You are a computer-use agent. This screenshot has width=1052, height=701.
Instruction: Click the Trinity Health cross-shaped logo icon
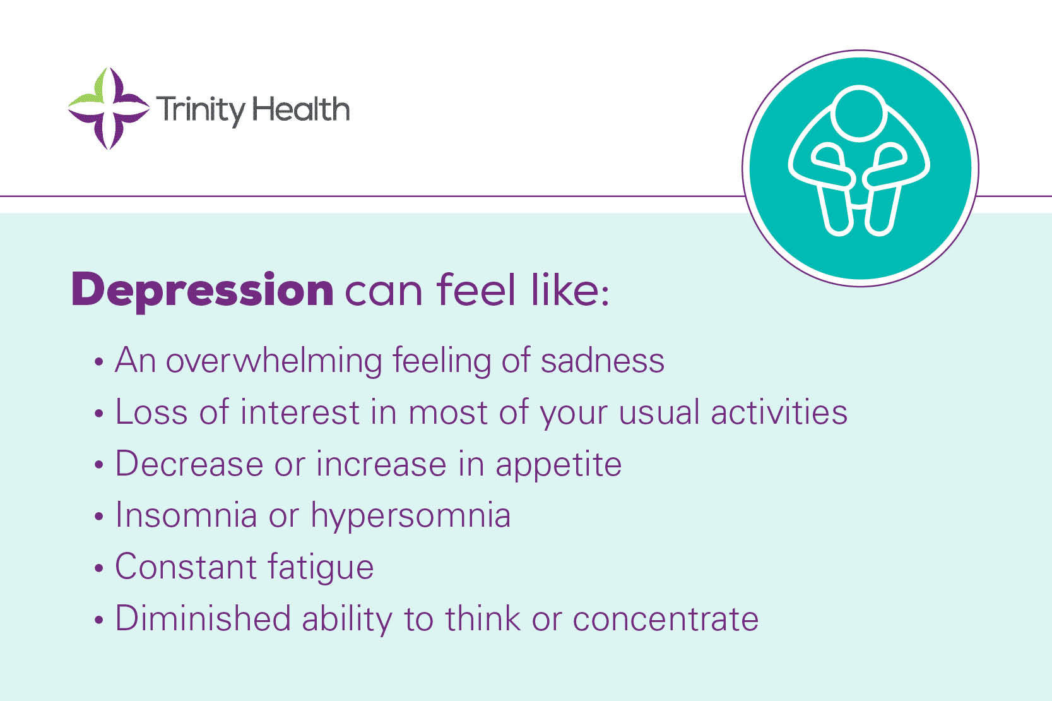click(108, 109)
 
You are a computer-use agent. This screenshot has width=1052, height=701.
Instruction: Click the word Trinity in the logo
click(200, 110)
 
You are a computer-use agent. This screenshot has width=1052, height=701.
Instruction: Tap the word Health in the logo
click(301, 110)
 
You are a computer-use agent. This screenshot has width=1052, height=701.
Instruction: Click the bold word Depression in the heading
click(203, 290)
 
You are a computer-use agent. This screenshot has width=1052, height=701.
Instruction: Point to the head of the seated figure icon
click(860, 113)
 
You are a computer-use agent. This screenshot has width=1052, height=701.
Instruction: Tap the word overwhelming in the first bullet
click(274, 361)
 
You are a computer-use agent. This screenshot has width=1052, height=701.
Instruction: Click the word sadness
click(602, 361)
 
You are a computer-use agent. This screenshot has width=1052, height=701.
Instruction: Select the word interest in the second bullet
click(300, 412)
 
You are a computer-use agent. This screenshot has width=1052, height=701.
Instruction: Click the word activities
click(779, 412)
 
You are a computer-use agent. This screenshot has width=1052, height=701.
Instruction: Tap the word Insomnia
click(186, 515)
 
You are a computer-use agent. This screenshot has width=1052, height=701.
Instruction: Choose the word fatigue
click(321, 567)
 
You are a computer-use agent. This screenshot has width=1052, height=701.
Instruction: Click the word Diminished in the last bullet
click(203, 618)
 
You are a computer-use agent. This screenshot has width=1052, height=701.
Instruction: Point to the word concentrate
click(665, 619)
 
